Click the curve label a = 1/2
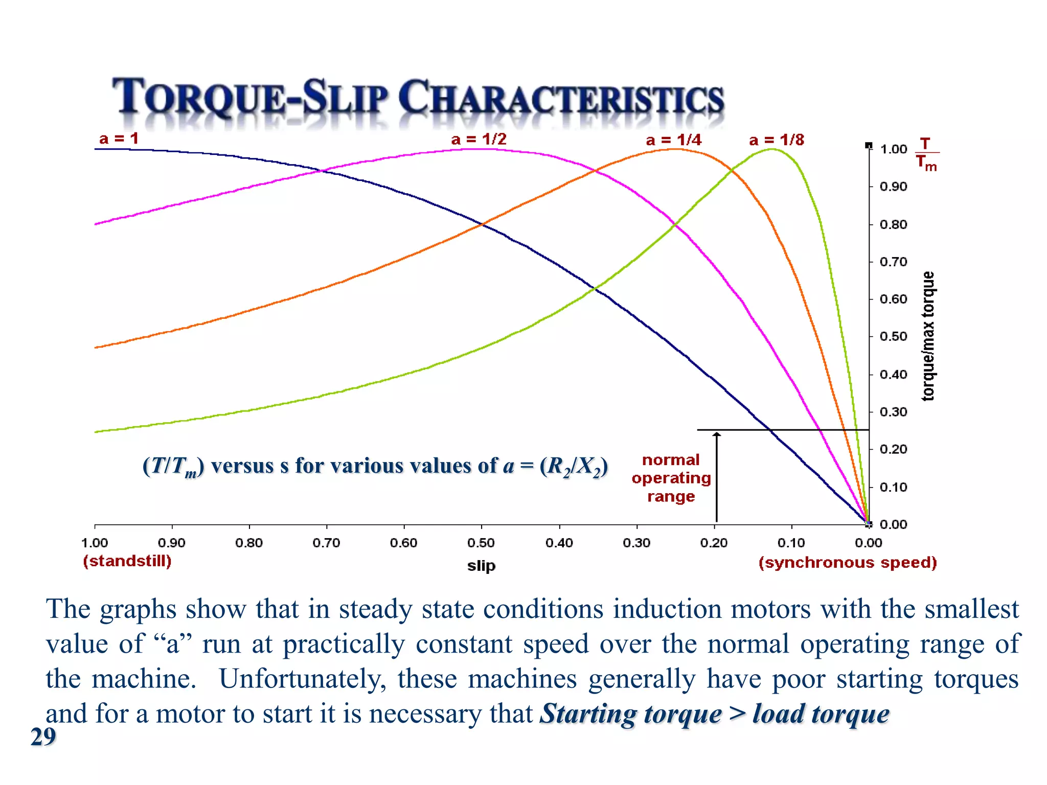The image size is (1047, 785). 479,139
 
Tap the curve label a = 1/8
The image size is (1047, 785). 776,140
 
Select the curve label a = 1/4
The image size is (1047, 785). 673,140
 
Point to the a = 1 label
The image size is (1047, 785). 119,138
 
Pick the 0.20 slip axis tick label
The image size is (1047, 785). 714,543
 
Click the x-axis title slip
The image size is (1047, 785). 481,566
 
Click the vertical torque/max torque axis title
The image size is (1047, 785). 928,336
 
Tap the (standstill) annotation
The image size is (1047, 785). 127,561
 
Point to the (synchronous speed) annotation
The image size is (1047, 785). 847,563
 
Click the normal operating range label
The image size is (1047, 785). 671,478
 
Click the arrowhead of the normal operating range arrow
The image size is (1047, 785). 717,435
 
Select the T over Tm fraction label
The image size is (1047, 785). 926,153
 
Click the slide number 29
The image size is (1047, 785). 43,737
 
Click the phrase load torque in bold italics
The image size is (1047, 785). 821,714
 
